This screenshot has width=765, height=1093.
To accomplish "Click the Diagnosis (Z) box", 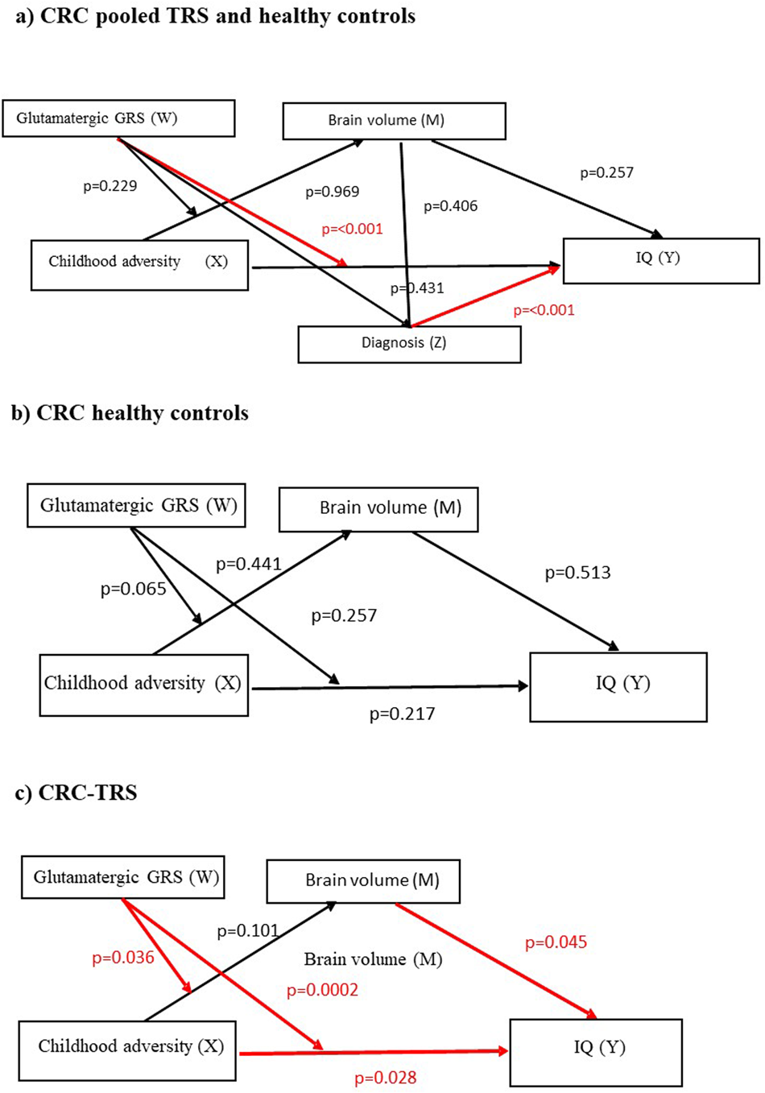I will point(409,344).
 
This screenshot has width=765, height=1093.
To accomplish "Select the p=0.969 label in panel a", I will point(332,192).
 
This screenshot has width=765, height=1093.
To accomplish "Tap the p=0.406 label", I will point(450,206).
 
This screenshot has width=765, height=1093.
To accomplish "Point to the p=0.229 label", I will point(110,186).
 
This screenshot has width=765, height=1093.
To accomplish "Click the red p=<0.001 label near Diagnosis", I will point(544,310).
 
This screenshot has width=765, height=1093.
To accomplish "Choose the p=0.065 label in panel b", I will point(133,589).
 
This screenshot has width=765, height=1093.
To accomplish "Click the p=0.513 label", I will point(577,573).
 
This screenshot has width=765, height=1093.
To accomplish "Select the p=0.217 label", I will point(402,714).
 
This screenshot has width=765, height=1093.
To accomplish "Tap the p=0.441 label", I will point(249,564).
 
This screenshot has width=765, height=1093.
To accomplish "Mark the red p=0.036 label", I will point(122,958).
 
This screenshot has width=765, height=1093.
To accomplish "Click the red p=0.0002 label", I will point(322,990).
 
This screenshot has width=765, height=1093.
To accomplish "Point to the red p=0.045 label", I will point(556,942).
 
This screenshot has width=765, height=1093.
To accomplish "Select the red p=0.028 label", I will point(385,1078).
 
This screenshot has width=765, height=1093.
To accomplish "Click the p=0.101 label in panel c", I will point(248,931).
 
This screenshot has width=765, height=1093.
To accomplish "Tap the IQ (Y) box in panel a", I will point(660,260).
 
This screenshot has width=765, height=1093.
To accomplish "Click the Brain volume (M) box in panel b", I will point(378,509).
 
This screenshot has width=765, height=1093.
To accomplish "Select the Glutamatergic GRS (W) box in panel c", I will point(122,877).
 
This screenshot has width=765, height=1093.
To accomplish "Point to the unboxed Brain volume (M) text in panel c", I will point(373,959).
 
